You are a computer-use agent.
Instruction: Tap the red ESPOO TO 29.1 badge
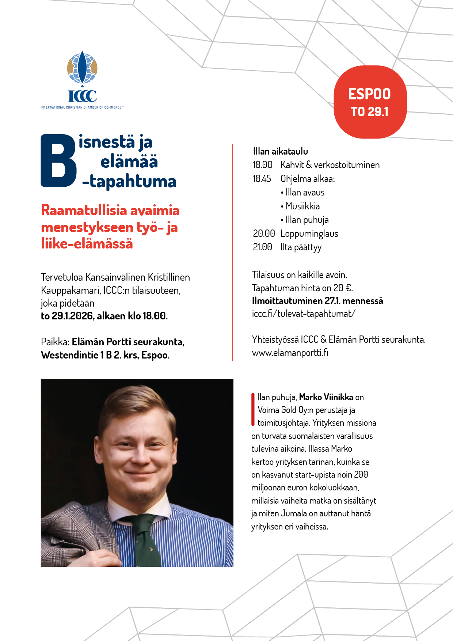coord(370,102)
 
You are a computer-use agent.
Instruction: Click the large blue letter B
coord(58,161)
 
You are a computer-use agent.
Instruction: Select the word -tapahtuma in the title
coord(129,181)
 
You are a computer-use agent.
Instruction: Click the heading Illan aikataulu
coord(280,151)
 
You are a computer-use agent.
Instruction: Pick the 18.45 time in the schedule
coord(262,179)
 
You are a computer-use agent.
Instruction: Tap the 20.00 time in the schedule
coord(264,234)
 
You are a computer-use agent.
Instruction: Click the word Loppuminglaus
coord(309,234)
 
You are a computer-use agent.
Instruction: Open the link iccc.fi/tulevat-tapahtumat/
coord(303,314)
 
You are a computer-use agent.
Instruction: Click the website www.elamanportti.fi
coord(290,353)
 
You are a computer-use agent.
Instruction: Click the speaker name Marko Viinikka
coord(326,397)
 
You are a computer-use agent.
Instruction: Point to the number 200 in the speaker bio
coord(361,475)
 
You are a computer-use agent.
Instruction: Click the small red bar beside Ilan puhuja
coord(252,410)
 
